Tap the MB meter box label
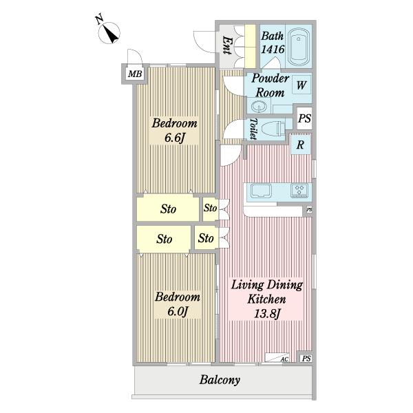(135, 74)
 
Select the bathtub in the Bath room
(299, 47)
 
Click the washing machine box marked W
(301, 85)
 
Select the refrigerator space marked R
(301, 145)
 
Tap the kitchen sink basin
(261, 191)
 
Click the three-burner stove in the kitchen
(299, 191)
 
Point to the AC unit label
(284, 359)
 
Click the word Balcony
(220, 380)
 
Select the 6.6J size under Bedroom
(174, 138)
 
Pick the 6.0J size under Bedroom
(178, 311)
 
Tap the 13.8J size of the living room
(267, 314)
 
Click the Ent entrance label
(227, 45)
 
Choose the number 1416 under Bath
(273, 50)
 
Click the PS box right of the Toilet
(304, 118)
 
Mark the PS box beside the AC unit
(306, 358)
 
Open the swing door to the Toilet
(233, 129)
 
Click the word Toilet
(253, 129)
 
